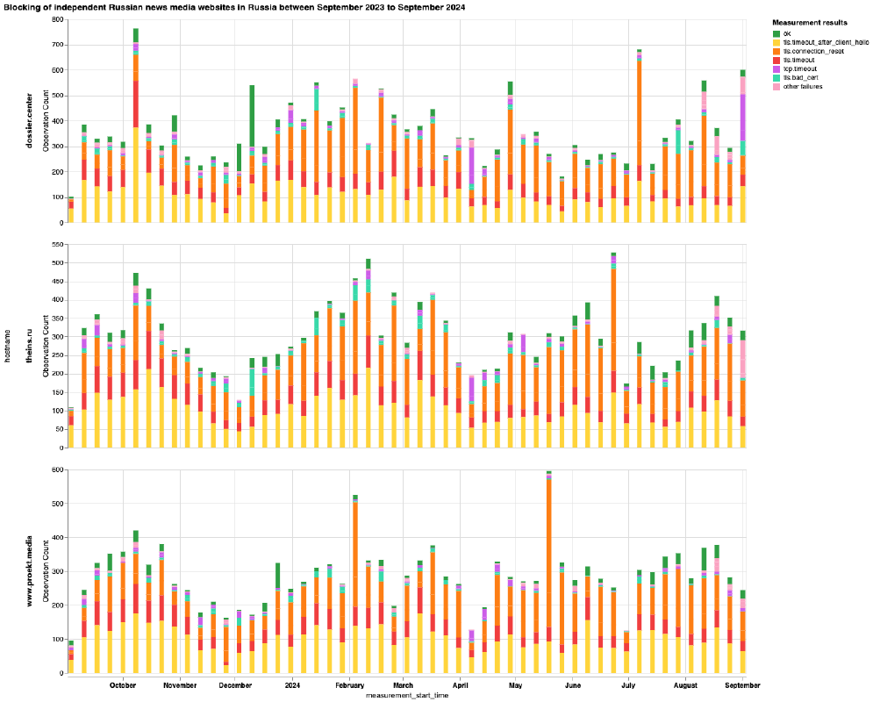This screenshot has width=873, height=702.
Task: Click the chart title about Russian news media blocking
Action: pos(234,7)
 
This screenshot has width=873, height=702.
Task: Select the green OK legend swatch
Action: pos(776,32)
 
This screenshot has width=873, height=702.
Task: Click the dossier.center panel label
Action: pos(30,121)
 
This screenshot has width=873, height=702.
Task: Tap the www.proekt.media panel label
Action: pos(30,571)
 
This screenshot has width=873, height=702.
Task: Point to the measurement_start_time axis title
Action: pos(406,695)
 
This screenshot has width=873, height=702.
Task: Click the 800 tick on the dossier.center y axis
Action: pos(57,19)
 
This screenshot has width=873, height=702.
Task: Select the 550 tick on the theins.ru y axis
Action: pos(57,244)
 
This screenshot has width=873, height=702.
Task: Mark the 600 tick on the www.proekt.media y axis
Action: pos(57,470)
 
